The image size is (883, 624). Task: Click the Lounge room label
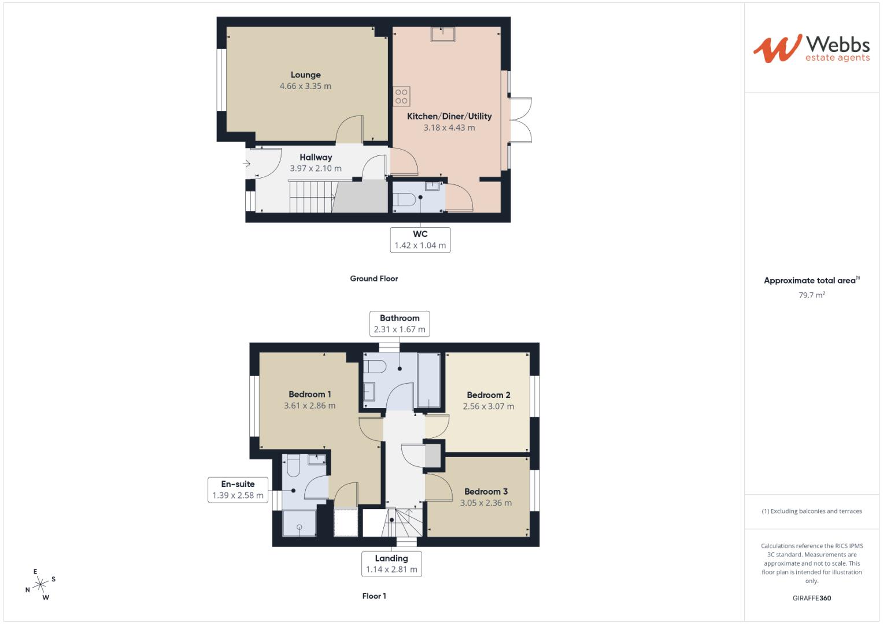pos(305,75)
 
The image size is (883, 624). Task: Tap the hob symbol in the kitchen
pos(401,96)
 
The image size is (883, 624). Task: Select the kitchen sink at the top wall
pos(443,34)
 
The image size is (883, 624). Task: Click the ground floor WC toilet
pos(404,200)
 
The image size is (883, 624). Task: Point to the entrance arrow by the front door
pos(247,163)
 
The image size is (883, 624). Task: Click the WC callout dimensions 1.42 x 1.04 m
pos(420,246)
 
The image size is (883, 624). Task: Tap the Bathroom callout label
pos(400,318)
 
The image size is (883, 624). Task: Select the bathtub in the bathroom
pos(429,381)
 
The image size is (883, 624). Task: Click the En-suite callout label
pos(238,484)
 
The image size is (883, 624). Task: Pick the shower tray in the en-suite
pos(300,523)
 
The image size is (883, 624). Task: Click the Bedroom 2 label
pos(489,395)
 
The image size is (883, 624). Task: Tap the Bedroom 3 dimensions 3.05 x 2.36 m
pos(486,503)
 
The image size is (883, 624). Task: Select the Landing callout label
pos(391,558)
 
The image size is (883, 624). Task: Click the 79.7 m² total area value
pos(812,295)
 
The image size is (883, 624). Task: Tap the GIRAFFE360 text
pos(812,598)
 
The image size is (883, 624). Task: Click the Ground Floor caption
pos(374,278)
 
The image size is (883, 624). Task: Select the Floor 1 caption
pos(374,596)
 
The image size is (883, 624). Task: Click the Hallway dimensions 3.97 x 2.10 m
pos(316,169)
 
